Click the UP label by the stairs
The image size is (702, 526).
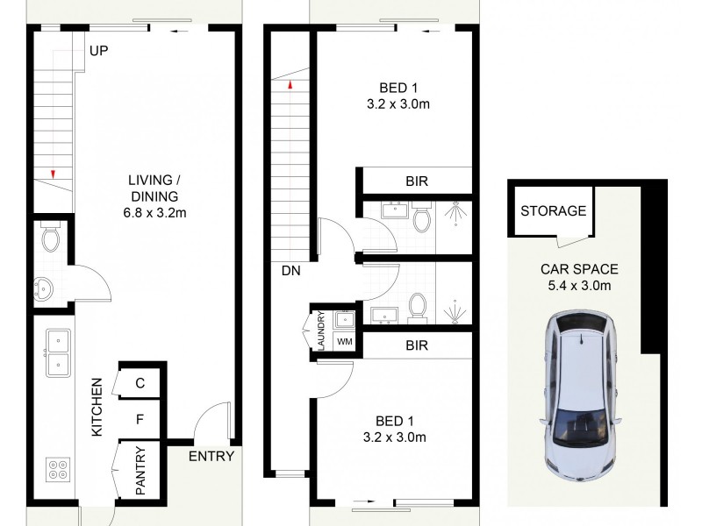tap(98, 52)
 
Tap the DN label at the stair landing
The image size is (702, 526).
tap(291, 271)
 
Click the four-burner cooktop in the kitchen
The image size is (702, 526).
tap(57, 471)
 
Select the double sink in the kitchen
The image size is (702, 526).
tap(57, 351)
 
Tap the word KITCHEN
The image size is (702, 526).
tap(97, 407)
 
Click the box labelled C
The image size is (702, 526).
tap(140, 382)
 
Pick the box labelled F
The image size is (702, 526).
tap(140, 420)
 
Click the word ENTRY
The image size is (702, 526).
tap(211, 456)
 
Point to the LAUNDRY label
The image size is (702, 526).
tap(321, 331)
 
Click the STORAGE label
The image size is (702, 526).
tap(553, 211)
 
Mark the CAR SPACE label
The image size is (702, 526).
tap(578, 269)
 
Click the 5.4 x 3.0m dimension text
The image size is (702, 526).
tap(578, 285)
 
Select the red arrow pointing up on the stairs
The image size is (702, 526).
tap(287, 85)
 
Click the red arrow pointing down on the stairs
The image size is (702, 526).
tap(54, 174)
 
